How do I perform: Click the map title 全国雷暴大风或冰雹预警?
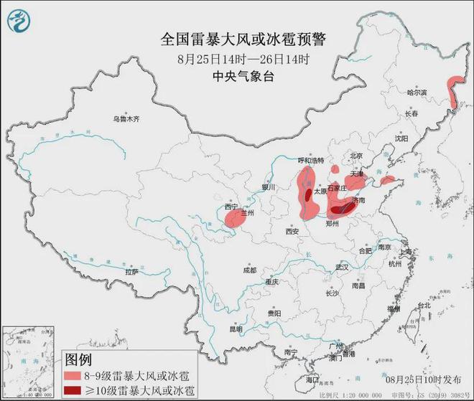click(x=237, y=39)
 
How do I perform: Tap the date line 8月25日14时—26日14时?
click(x=236, y=59)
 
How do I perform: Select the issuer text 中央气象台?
click(x=236, y=77)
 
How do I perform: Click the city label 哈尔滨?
click(x=417, y=93)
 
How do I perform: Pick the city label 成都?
click(x=249, y=270)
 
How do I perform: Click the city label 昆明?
click(x=236, y=329)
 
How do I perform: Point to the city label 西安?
click(x=292, y=232)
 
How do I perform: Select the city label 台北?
click(x=426, y=305)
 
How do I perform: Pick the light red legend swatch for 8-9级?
click(x=75, y=375)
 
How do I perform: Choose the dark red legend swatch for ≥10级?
click(x=75, y=390)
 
